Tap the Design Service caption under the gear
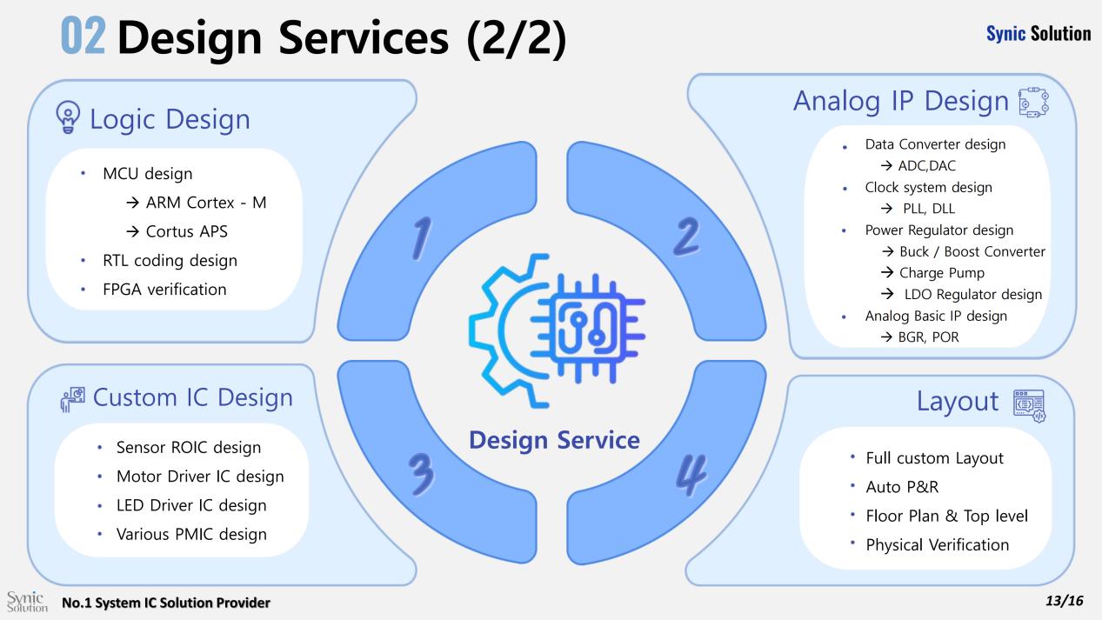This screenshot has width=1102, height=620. point(554,440)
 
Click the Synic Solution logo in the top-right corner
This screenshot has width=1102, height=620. point(1038,34)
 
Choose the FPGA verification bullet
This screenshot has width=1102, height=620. point(164,290)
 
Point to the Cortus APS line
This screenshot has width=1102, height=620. point(200,232)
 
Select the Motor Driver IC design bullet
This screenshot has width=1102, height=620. point(200,477)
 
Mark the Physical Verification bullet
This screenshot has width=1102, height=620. point(937,545)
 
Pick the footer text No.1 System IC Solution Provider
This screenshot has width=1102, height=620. point(165,602)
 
